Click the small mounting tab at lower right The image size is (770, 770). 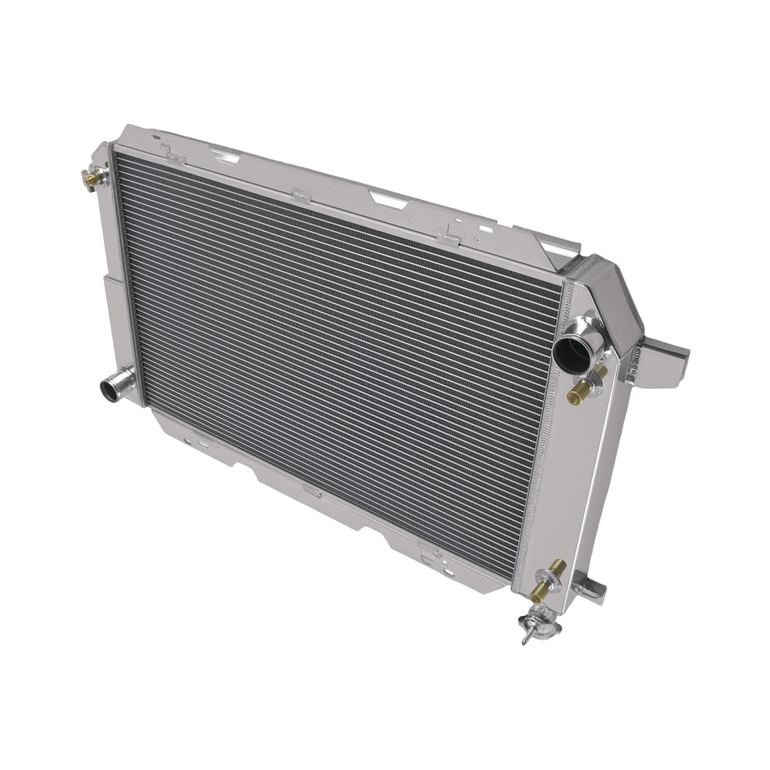[x=591, y=589]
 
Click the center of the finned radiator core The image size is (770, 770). [x=339, y=362]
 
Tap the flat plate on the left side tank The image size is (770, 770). [x=108, y=308]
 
